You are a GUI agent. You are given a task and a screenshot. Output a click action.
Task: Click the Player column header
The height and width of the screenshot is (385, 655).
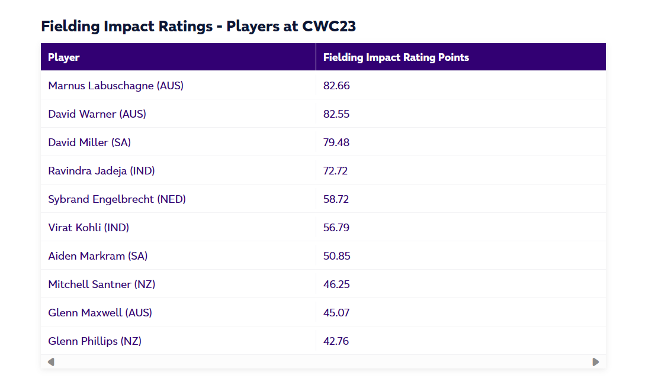pyautogui.click(x=64, y=57)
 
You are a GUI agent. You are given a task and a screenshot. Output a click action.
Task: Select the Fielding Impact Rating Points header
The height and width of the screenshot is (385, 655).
pyautogui.click(x=396, y=57)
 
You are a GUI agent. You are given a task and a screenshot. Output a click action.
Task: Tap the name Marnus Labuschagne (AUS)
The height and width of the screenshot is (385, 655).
pyautogui.click(x=116, y=86)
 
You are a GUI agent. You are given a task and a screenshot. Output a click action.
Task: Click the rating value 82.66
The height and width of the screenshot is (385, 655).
pyautogui.click(x=336, y=86)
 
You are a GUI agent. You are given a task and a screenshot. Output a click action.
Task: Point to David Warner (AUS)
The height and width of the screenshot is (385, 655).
pyautogui.click(x=97, y=114)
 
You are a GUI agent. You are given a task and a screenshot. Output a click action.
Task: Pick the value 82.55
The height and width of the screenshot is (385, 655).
pyautogui.click(x=336, y=114)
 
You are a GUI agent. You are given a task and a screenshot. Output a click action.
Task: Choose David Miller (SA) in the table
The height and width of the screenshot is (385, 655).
pyautogui.click(x=89, y=143)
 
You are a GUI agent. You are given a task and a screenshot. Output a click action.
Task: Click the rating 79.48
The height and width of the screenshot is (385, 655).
pyautogui.click(x=336, y=143)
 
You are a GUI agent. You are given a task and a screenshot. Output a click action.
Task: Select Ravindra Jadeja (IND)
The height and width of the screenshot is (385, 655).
pyautogui.click(x=101, y=171)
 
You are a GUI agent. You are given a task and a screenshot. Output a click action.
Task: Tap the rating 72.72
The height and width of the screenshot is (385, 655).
pyautogui.click(x=335, y=171)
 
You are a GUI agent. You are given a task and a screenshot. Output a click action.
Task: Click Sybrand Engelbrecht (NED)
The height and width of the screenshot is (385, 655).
pyautogui.click(x=117, y=199)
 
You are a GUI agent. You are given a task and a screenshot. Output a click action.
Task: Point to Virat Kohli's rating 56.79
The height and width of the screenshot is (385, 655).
pyautogui.click(x=336, y=228)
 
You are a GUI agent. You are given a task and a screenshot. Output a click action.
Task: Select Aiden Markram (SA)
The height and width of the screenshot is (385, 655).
pyautogui.click(x=98, y=256)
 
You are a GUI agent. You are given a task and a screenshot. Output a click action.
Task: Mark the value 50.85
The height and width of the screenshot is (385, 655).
pyautogui.click(x=336, y=256)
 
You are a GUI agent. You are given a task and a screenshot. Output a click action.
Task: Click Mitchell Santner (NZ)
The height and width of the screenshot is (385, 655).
pyautogui.click(x=101, y=284)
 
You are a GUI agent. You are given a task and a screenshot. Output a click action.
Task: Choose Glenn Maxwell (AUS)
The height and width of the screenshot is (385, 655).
pyautogui.click(x=100, y=313)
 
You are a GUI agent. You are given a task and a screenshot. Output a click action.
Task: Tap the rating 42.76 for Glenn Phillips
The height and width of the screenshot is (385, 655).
pyautogui.click(x=336, y=341)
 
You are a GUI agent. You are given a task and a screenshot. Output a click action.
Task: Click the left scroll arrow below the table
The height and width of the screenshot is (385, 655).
pyautogui.click(x=51, y=362)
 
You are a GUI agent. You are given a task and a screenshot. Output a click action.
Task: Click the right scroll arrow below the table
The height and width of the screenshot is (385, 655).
pyautogui.click(x=595, y=362)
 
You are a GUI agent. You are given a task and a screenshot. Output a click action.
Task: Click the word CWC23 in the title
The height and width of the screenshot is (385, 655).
pyautogui.click(x=329, y=27)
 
